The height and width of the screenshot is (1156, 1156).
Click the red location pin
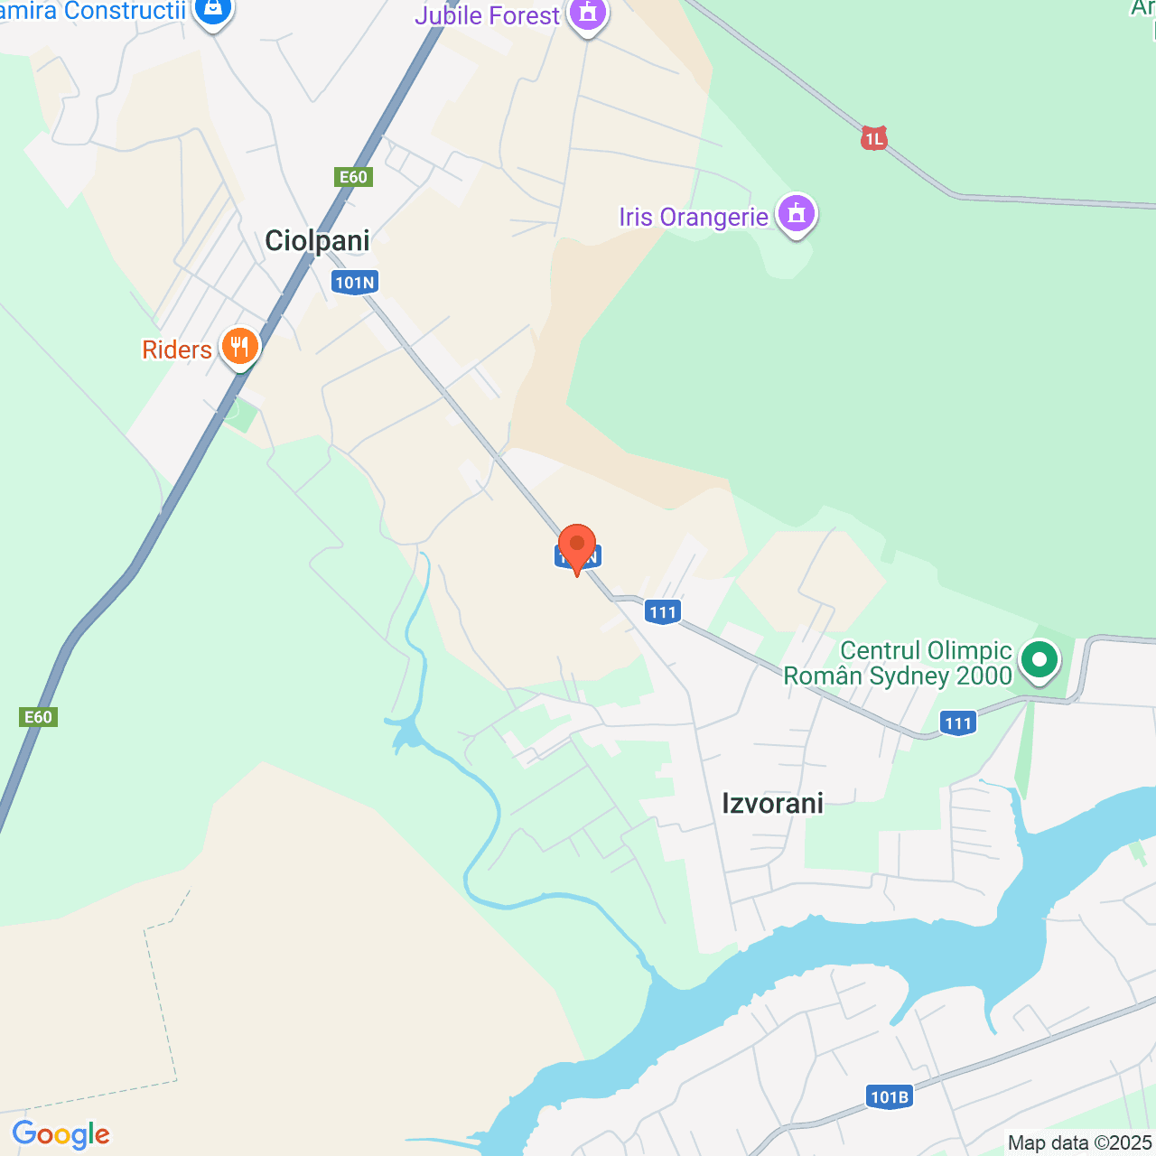point(577,547)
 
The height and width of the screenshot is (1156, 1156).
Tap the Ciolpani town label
point(317,240)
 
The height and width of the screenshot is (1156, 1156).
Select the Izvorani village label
point(772,803)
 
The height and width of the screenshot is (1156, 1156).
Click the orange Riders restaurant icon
point(239,347)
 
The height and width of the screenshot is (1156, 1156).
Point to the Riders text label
point(177,350)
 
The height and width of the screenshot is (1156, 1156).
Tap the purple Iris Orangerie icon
point(796,215)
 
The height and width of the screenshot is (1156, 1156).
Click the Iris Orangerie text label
point(693,218)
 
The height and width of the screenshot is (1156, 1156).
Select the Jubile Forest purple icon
point(588,14)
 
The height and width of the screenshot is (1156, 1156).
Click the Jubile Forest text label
point(487,15)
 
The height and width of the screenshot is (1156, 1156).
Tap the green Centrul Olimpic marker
point(1039,660)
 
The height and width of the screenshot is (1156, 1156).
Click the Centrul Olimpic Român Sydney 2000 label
point(898,664)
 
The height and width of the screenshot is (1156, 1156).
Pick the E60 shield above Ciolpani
point(353,176)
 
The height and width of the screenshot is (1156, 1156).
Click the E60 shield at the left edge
point(38,717)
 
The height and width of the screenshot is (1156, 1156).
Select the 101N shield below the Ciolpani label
point(354,283)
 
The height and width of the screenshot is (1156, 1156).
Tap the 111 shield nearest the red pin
point(663,612)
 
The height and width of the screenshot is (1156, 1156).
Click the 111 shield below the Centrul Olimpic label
point(957,722)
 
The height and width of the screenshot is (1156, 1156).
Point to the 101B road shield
point(889,1097)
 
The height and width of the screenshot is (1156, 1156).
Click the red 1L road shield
point(873,139)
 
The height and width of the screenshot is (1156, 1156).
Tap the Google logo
point(61,1134)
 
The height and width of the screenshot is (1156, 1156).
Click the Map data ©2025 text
point(1079,1142)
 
